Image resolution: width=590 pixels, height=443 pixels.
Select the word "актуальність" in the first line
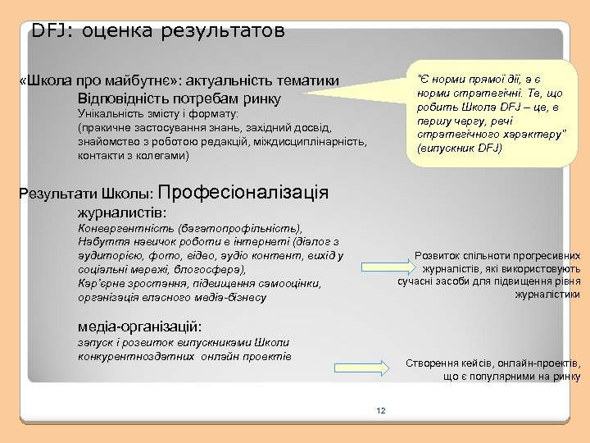click(x=228, y=80)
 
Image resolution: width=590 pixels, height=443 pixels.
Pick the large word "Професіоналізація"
click(x=247, y=193)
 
